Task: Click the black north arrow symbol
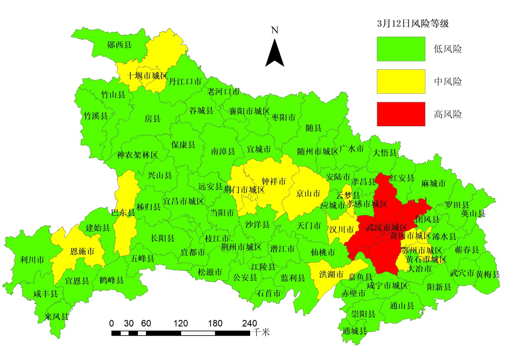point(275,54)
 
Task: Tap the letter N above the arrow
point(275,30)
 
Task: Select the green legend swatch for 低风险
point(401,49)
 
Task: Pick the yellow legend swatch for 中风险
point(401,81)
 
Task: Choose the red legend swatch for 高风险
point(401,114)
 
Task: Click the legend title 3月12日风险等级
point(413,24)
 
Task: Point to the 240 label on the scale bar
point(249,324)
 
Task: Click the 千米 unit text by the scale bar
point(261,332)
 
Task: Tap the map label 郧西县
point(119,45)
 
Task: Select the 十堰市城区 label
point(147,75)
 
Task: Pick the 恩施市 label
point(82,251)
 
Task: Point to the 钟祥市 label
point(274,182)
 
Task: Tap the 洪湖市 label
point(332,275)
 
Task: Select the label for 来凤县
point(57,317)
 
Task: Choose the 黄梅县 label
point(488,274)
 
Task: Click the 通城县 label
point(355,331)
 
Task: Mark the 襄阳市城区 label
point(249,111)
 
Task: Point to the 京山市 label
point(308,194)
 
